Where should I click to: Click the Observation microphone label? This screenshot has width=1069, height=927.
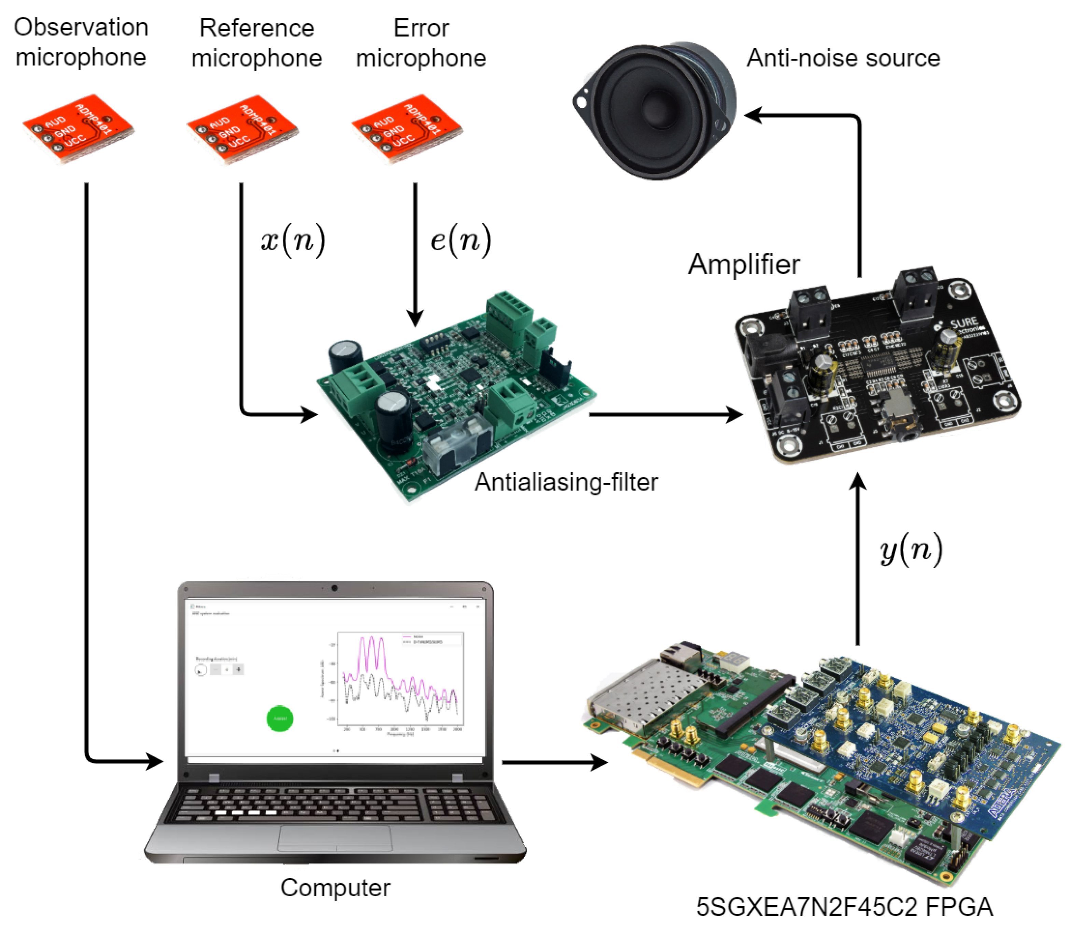click(81, 42)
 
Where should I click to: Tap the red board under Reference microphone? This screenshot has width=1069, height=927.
click(242, 129)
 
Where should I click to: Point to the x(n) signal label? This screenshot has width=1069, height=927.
click(293, 241)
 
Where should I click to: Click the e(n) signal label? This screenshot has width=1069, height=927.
click(461, 241)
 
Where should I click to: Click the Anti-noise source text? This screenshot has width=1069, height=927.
click(843, 58)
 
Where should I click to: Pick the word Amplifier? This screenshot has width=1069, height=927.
click(744, 264)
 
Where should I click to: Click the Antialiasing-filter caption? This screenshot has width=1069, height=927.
click(566, 482)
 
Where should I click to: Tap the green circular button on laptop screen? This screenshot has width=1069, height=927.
click(280, 718)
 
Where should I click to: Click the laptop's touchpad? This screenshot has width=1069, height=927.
click(335, 838)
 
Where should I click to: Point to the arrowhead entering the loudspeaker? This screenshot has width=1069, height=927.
click(753, 115)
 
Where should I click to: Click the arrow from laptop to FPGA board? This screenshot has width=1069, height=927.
click(554, 762)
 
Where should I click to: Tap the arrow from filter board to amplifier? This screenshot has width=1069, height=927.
click(665, 414)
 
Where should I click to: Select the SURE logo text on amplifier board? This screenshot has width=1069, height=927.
click(964, 324)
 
